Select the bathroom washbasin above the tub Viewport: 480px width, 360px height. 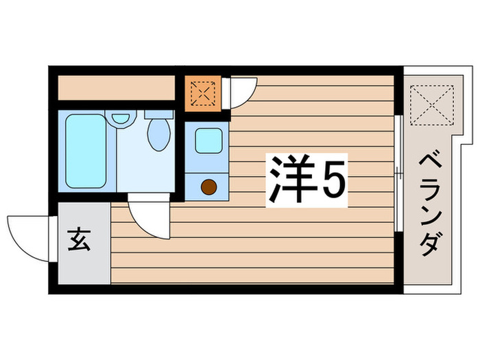pos(121,117)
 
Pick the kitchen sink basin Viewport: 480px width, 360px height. pos(208,141)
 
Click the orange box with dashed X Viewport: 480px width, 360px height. pos(202,93)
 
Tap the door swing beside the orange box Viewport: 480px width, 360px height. pos(238,93)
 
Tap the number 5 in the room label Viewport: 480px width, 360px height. pos(331,180)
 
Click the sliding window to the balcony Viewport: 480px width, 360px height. pos(398,175)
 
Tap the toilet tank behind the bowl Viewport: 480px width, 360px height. pos(159,115)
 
